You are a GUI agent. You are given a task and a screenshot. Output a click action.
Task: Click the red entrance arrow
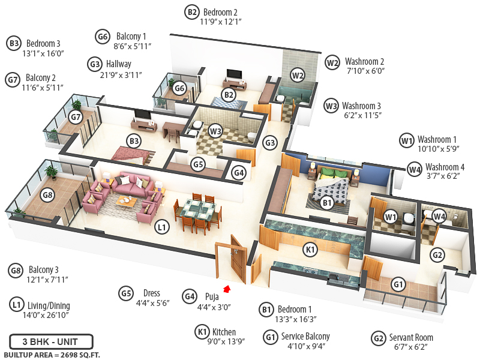coord(227,289)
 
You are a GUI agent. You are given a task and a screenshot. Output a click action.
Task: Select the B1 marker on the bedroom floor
coord(327,203)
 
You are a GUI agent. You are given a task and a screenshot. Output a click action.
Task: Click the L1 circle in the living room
coord(161,227)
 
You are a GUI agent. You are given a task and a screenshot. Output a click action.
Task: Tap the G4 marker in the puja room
coord(239,173)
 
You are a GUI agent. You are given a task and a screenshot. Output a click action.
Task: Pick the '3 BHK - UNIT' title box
coord(51,341)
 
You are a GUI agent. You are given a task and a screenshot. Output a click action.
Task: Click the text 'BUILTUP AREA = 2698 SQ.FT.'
coord(53,355)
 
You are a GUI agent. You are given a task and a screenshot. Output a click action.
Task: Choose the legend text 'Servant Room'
coord(411,337)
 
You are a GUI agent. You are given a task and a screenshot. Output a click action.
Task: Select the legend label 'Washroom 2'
coord(365,61)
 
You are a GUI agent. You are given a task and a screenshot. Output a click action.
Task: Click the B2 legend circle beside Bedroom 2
coord(192,11)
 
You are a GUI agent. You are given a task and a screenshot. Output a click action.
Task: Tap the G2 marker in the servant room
coord(438,255)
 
